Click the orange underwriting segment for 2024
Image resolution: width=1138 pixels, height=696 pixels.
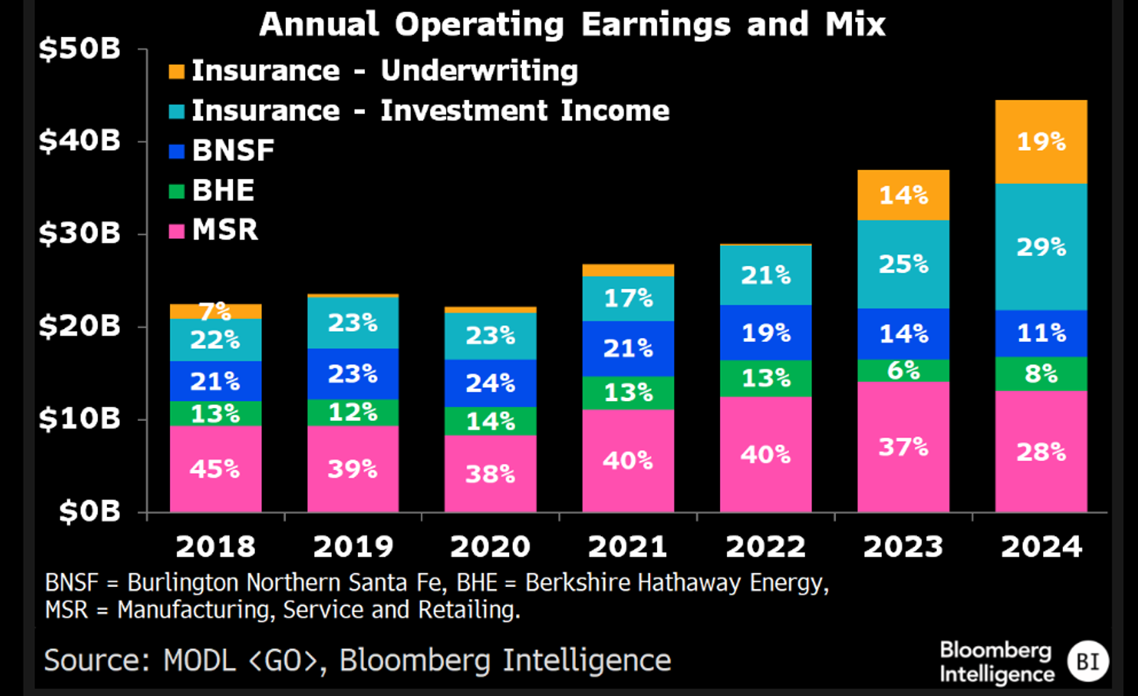pyautogui.click(x=1041, y=142)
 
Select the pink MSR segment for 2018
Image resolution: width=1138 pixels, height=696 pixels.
pyautogui.click(x=215, y=469)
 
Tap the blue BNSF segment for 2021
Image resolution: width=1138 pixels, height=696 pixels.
pyautogui.click(x=627, y=349)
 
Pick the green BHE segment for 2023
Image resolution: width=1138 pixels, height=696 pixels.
pyautogui.click(x=903, y=371)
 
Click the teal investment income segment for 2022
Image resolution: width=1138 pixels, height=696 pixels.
pyautogui.click(x=765, y=275)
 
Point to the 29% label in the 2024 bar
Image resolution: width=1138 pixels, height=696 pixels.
pyautogui.click(x=1041, y=247)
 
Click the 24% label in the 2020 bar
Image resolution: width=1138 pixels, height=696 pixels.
pyautogui.click(x=490, y=383)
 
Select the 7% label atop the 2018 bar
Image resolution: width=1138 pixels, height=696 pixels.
pyautogui.click(x=215, y=311)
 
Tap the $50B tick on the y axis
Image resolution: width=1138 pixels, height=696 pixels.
pyautogui.click(x=80, y=49)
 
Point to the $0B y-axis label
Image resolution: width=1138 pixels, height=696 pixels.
pyautogui.click(x=90, y=512)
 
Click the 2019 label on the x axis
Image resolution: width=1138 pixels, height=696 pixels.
pyautogui.click(x=353, y=547)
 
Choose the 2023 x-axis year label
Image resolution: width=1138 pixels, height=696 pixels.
pyautogui.click(x=903, y=547)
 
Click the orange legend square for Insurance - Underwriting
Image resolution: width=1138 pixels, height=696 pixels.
pyautogui.click(x=176, y=71)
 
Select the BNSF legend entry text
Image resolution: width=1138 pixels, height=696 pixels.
pyautogui.click(x=233, y=150)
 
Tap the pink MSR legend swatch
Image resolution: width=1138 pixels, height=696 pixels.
pyautogui.click(x=176, y=230)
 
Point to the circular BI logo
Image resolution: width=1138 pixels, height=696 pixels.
pyautogui.click(x=1087, y=661)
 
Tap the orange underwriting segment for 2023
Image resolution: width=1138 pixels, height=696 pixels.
pyautogui.click(x=903, y=196)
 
